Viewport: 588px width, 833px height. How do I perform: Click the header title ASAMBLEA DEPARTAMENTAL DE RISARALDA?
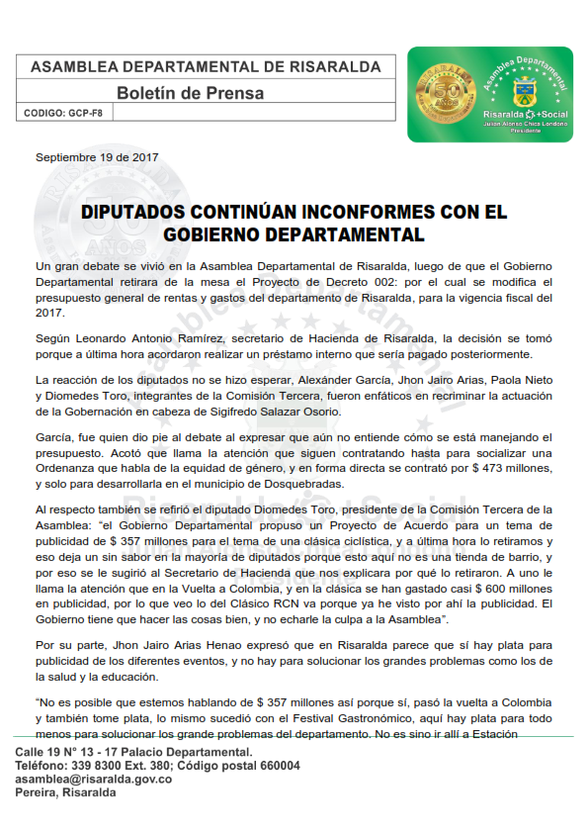coord(206,67)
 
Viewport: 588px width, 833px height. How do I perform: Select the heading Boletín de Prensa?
coord(191,94)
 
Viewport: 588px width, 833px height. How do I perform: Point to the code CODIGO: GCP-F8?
coord(65,114)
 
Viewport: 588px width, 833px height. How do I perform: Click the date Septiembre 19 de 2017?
coord(97,157)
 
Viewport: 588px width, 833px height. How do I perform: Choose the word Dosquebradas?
coord(296,484)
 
